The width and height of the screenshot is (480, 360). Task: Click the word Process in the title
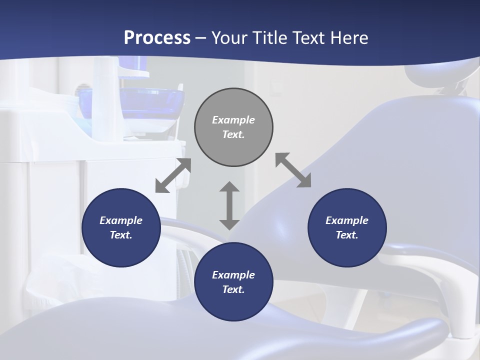pyautogui.click(x=157, y=38)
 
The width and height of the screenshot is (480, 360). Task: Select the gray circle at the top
pyautogui.click(x=233, y=127)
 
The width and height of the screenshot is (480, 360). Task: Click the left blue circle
pyautogui.click(x=121, y=228)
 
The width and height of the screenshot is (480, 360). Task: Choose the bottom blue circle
pyautogui.click(x=233, y=282)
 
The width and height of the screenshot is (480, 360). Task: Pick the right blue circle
pyautogui.click(x=347, y=228)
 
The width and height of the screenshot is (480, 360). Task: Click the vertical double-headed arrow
pyautogui.click(x=229, y=205)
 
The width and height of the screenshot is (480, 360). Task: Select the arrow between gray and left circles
pyautogui.click(x=173, y=175)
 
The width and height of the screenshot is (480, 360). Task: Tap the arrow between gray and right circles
pyautogui.click(x=293, y=170)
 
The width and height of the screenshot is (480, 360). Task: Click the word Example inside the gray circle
pyautogui.click(x=233, y=120)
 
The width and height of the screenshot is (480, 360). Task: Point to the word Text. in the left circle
pyautogui.click(x=121, y=235)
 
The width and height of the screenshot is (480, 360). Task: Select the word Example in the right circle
pyautogui.click(x=347, y=220)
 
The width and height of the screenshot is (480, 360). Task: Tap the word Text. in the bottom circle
pyautogui.click(x=233, y=289)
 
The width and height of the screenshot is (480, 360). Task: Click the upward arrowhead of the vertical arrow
pyautogui.click(x=229, y=188)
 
